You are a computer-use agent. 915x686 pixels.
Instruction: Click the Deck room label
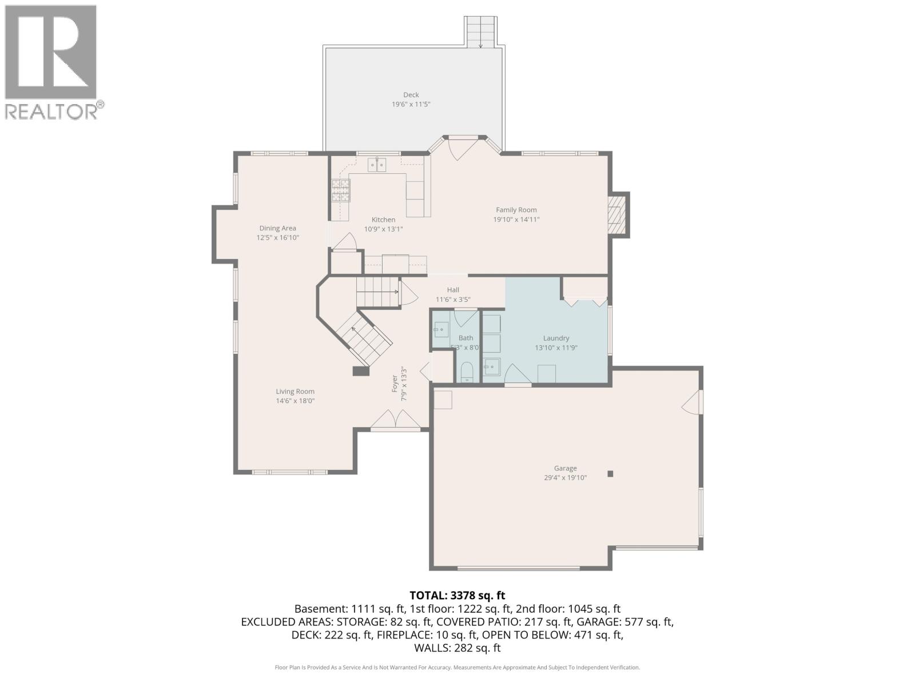(x=411, y=95)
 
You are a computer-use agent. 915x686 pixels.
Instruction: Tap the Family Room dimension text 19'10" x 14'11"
(x=516, y=220)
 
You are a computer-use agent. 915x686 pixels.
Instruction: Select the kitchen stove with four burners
(x=341, y=190)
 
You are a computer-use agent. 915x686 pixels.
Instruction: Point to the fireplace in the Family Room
(x=616, y=215)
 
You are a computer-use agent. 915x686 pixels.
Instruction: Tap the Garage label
(x=565, y=468)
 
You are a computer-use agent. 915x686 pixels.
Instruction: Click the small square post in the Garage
(x=610, y=473)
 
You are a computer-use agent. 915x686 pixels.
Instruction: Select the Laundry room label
(x=556, y=338)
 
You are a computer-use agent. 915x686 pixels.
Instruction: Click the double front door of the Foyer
(x=396, y=420)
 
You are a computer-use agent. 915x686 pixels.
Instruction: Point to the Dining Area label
(x=277, y=228)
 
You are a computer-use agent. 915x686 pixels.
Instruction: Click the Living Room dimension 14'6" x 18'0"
(x=295, y=401)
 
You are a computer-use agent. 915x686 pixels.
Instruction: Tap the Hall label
(x=453, y=290)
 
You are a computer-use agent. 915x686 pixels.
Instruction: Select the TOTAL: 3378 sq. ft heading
(x=457, y=596)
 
